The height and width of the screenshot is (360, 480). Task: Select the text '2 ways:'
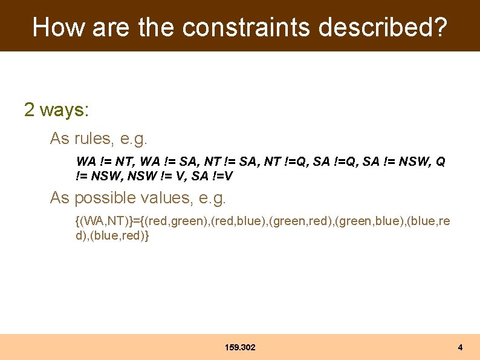[56, 110]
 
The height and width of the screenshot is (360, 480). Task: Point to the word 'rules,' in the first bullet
[94, 139]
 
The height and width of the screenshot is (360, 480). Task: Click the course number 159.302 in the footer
[239, 347]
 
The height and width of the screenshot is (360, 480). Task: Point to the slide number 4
[460, 347]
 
